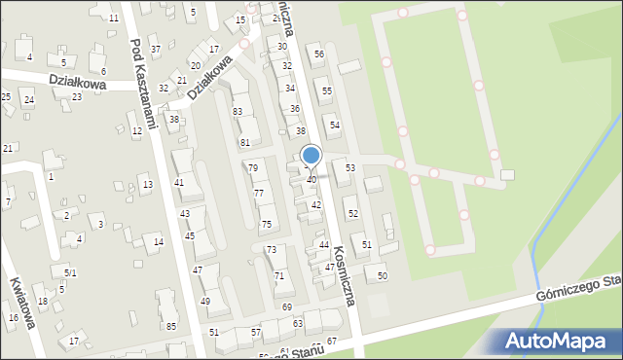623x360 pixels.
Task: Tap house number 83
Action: pos(237,112)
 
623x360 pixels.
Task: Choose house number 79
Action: pos(253,168)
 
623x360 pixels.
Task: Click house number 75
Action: pos(266,225)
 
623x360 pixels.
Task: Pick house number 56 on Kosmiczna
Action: pos(319,54)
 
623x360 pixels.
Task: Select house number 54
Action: pos(335,126)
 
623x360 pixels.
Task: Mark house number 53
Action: pos(350,168)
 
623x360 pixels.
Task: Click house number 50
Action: pos(383,276)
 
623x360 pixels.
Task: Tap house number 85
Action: pos(171,326)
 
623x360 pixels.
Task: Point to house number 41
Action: pos(179,183)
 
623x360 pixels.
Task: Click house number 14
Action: pos(159,241)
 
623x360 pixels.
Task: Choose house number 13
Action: pos(148,185)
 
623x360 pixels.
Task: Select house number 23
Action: pos(77,97)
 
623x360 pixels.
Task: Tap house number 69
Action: pos(287,307)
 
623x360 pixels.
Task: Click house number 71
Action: pos(279,277)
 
